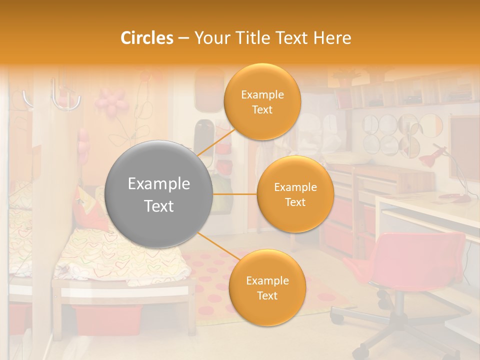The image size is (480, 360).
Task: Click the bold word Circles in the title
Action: (x=147, y=38)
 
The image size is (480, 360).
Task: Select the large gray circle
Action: (x=159, y=194)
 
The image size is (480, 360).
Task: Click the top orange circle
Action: (x=262, y=101)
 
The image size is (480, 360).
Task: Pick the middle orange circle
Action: (x=295, y=194)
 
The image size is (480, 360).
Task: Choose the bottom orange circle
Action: (x=267, y=287)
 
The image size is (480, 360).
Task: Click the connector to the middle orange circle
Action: (x=235, y=193)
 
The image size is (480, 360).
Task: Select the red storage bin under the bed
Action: (x=107, y=320)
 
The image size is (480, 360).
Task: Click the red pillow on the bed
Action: (x=90, y=207)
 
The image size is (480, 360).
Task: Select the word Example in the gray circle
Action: (x=159, y=184)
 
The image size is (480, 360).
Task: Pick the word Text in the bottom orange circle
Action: (x=267, y=295)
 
